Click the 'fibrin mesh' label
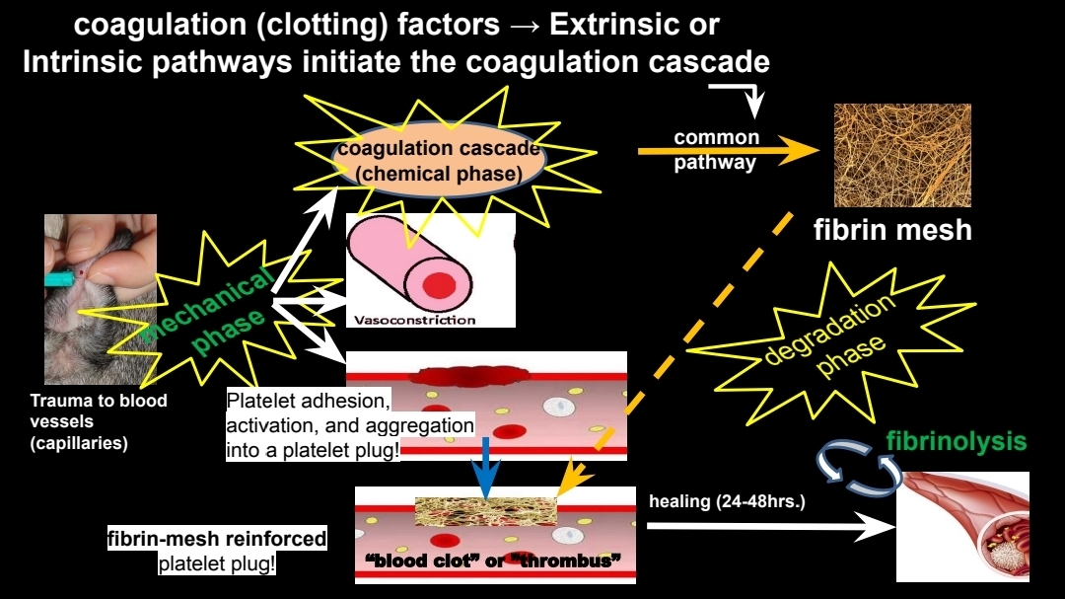892,231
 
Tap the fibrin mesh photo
902,154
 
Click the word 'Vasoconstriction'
414,320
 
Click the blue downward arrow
483,467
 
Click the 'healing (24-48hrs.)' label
727,501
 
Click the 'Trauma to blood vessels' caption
99,421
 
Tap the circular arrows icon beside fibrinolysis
857,466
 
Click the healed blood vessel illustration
961,526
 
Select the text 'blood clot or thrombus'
492,562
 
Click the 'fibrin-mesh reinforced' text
217,541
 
